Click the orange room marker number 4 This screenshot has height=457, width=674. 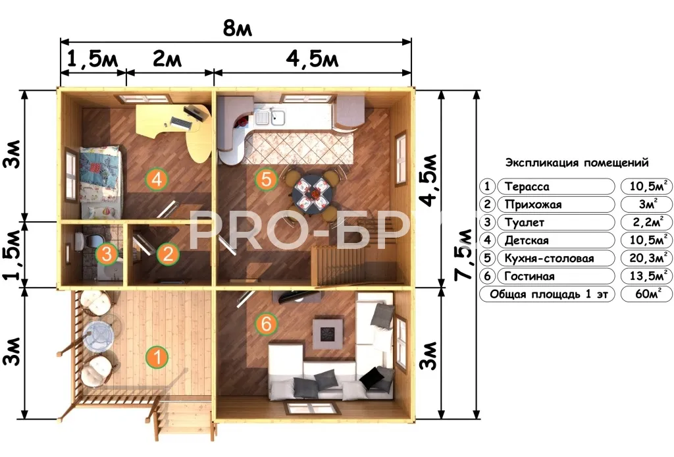[x=157, y=178]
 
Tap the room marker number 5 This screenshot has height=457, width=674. [x=266, y=178]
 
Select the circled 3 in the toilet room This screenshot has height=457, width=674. [x=107, y=254]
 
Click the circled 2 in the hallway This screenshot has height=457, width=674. [x=168, y=254]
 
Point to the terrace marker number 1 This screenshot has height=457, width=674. [x=157, y=357]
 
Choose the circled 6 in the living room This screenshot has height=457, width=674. [x=266, y=323]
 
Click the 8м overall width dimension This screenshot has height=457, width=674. [x=237, y=28]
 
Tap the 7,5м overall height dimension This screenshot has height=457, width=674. [x=464, y=254]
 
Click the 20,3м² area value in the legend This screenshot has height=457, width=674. [x=646, y=257]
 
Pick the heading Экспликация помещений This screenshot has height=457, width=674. [x=577, y=163]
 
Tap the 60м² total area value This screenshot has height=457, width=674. [x=646, y=294]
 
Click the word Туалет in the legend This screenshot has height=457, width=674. [x=524, y=223]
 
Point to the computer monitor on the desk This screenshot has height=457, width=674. [x=194, y=113]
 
